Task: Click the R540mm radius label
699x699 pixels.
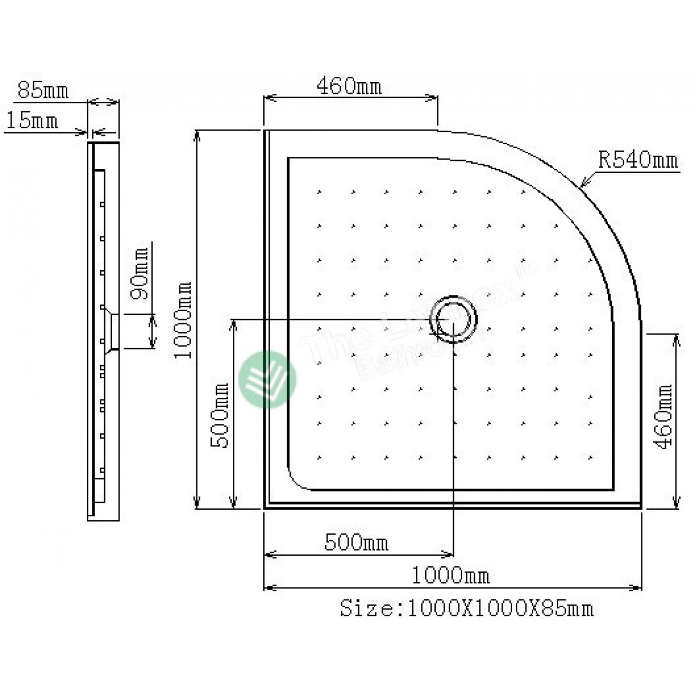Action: pyautogui.click(x=638, y=160)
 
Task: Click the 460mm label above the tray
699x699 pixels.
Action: pyautogui.click(x=349, y=87)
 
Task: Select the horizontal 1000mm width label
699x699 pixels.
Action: pyautogui.click(x=451, y=576)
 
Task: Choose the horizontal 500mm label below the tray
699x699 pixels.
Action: pyautogui.click(x=356, y=543)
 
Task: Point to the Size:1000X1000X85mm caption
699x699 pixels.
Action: pyautogui.click(x=466, y=609)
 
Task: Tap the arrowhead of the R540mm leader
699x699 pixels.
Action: pyautogui.click(x=582, y=186)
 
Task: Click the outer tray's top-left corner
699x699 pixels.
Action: pyautogui.click(x=266, y=131)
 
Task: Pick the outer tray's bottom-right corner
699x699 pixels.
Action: pyautogui.click(x=641, y=507)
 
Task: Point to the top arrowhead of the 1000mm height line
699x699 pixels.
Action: pyautogui.click(x=198, y=133)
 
